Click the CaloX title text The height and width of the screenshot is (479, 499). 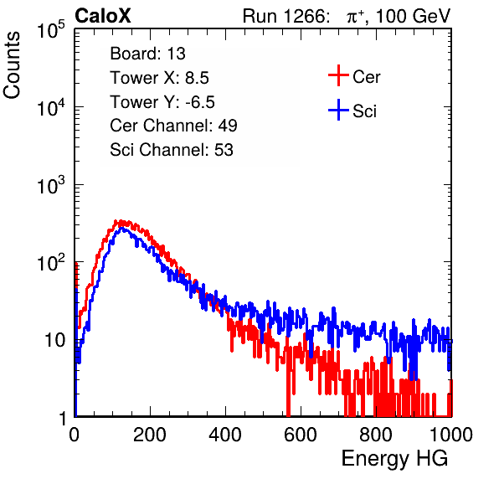(x=103, y=16)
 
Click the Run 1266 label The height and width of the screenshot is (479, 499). (x=286, y=16)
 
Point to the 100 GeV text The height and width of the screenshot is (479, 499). (x=414, y=16)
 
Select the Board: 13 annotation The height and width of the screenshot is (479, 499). (x=147, y=54)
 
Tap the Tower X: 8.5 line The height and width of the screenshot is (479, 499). (x=159, y=78)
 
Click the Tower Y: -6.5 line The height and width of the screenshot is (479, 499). (x=162, y=102)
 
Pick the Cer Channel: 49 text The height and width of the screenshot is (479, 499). (x=173, y=126)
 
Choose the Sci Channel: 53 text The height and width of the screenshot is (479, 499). (x=172, y=150)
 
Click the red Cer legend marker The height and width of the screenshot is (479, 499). (x=338, y=75)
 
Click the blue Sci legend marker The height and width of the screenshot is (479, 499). (x=338, y=110)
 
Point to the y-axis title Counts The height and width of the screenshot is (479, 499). (x=12, y=65)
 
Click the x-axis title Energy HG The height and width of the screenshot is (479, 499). (x=394, y=459)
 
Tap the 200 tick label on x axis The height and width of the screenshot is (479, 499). (x=150, y=435)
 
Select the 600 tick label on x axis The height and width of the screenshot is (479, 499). (x=301, y=435)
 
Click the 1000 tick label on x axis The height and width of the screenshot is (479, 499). (x=451, y=435)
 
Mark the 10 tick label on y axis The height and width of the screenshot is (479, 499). (x=55, y=340)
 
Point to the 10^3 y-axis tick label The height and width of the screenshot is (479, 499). (x=51, y=185)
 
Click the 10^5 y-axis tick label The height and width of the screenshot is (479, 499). (x=51, y=30)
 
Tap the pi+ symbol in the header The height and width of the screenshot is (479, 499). (x=355, y=16)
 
